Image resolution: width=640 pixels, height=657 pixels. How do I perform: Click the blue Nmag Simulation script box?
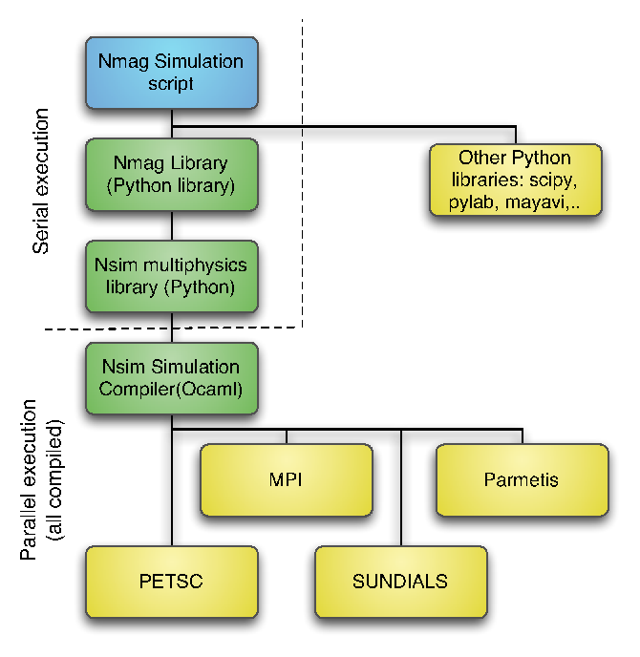click(x=172, y=73)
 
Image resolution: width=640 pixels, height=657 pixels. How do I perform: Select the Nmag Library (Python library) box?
click(x=172, y=175)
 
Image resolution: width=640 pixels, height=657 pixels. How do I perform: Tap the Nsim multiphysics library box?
click(x=172, y=277)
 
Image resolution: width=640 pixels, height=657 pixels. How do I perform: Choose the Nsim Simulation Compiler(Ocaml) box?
click(x=172, y=378)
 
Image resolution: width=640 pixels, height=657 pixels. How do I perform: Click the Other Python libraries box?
click(x=516, y=180)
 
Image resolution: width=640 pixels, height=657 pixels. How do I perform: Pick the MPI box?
click(x=287, y=479)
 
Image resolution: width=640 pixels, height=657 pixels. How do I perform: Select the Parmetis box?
click(x=523, y=479)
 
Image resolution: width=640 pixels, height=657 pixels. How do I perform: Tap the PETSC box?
click(x=172, y=582)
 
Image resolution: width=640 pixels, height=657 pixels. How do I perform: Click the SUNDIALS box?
click(x=401, y=582)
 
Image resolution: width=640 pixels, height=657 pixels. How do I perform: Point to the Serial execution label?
click(x=41, y=181)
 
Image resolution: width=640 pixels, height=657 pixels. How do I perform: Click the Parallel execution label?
click(x=29, y=479)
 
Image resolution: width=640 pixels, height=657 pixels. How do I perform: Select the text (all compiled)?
click(x=55, y=479)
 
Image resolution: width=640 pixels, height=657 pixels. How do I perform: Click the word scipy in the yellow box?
click(x=553, y=180)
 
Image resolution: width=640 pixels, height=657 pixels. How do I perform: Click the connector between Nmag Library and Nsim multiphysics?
click(x=172, y=225)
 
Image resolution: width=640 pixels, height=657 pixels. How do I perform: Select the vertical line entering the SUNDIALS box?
click(x=401, y=487)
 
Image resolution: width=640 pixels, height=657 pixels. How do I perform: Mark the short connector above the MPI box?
click(x=287, y=436)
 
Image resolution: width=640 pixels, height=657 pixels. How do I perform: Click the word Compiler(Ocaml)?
click(x=171, y=390)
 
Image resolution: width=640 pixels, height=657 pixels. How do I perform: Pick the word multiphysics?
click(x=195, y=265)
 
